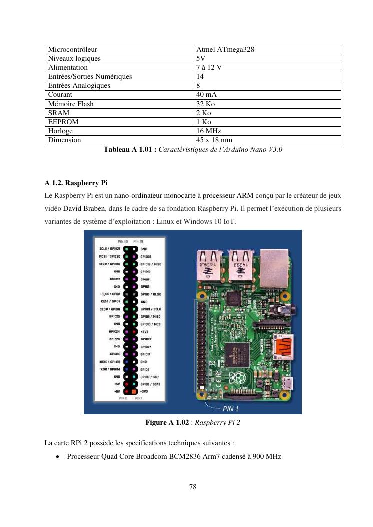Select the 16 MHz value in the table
point(209,131)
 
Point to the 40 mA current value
point(207,95)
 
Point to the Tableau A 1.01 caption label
point(129,149)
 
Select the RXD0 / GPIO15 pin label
point(110,361)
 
